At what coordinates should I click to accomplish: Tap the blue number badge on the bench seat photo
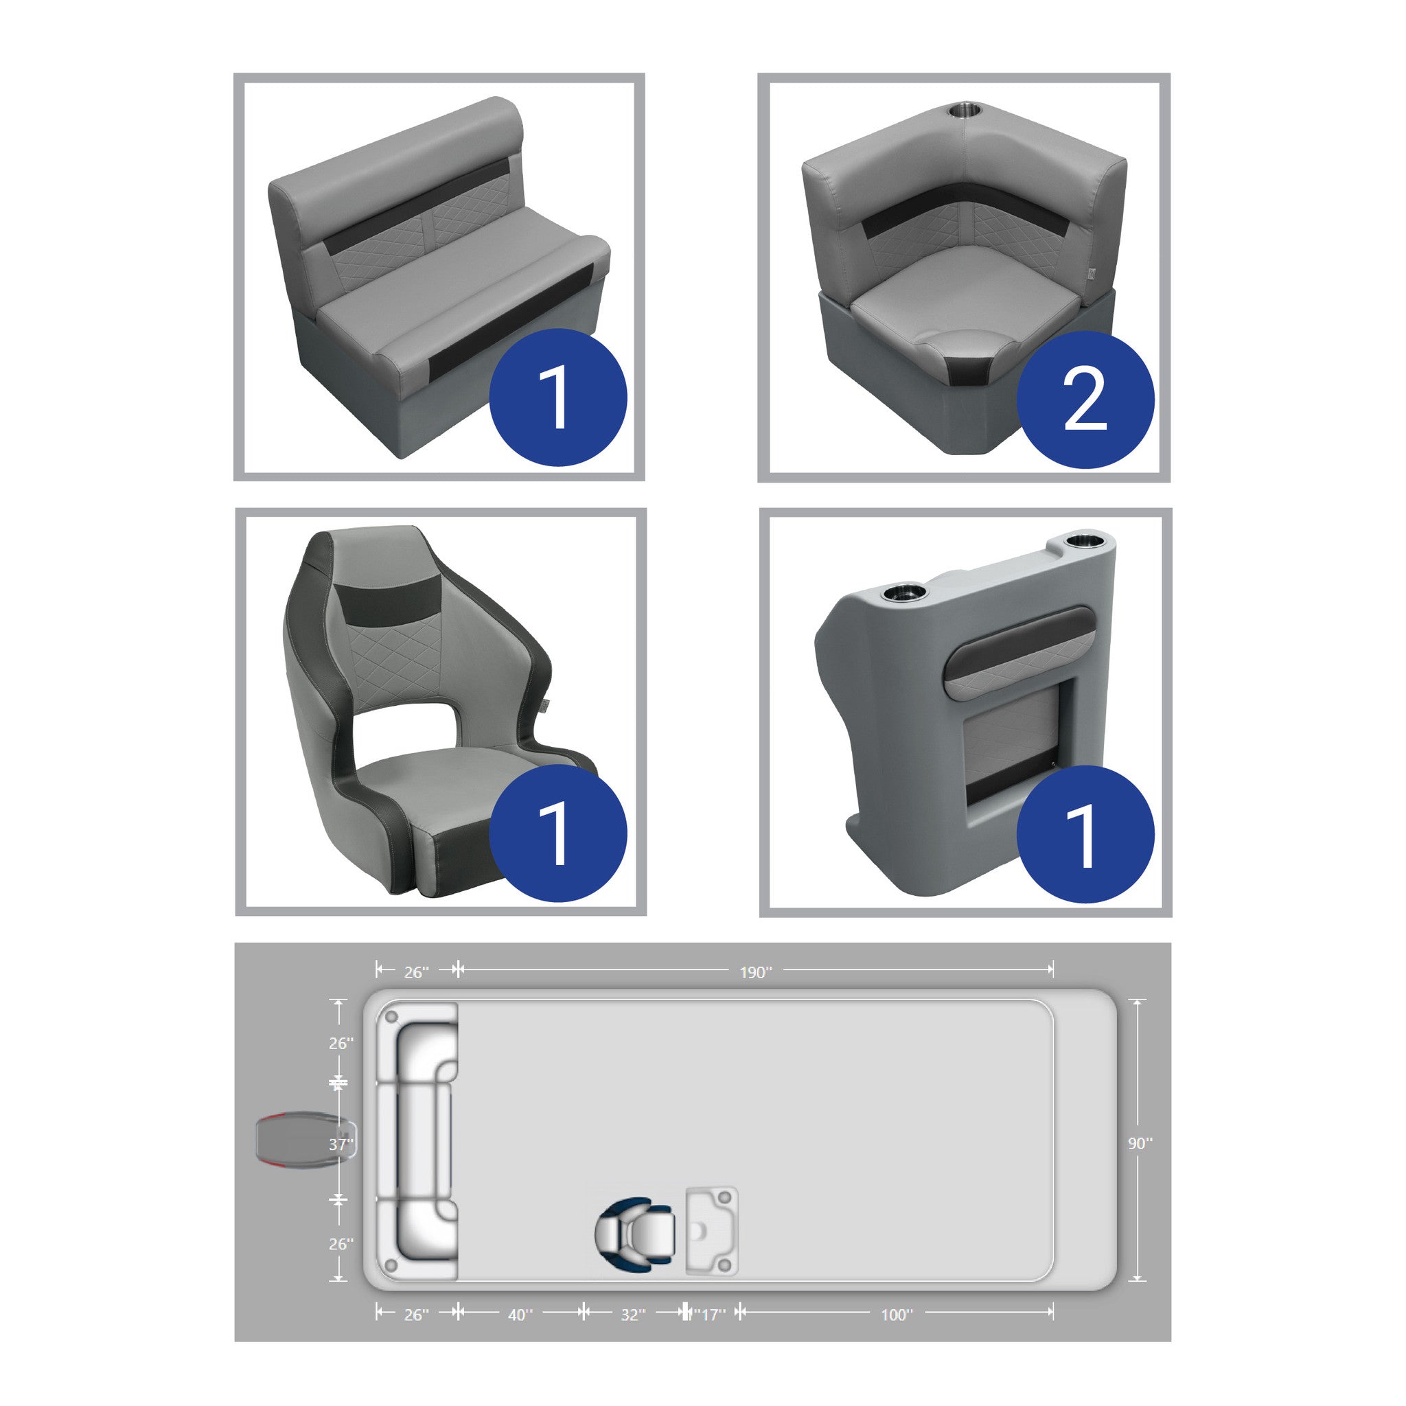(x=557, y=397)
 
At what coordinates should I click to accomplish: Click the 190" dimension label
(x=756, y=972)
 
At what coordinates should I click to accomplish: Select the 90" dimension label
(x=1140, y=1143)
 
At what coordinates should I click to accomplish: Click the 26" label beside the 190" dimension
(x=416, y=972)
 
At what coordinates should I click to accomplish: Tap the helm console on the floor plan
(x=712, y=1232)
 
